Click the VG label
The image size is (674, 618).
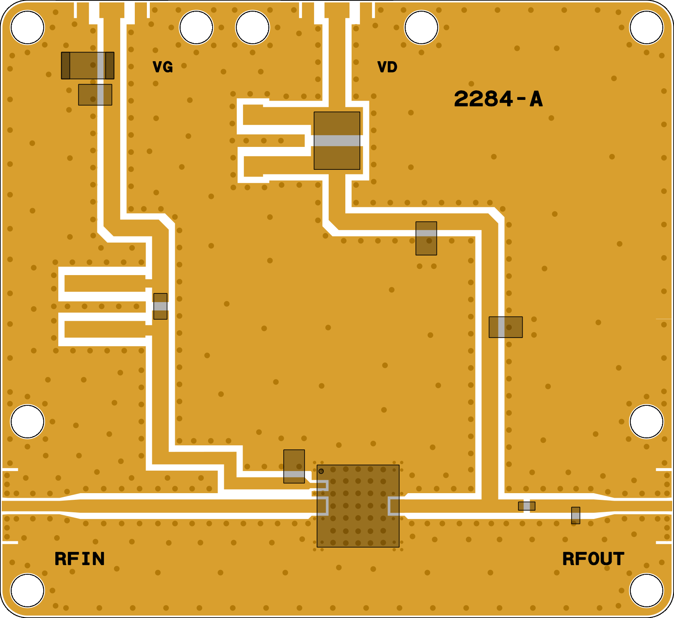pos(163,67)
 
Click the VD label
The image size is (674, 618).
pos(387,67)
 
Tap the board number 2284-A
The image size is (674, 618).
pos(498,99)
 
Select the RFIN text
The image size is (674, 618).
pos(79,559)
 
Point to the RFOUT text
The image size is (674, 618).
pos(593,559)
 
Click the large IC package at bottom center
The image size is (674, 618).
pos(358,506)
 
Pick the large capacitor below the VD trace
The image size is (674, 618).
pos(337,141)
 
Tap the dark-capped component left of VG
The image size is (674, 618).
pos(88,65)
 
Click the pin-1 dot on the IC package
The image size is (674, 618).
pos(321,471)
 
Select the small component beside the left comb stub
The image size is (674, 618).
pos(160,306)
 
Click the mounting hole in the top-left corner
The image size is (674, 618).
pos(27,27)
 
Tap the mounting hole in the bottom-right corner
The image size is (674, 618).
pos(646,590)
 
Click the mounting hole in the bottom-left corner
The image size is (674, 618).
pos(27,590)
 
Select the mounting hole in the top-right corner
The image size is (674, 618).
pos(646,27)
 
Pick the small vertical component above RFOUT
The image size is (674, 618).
pos(575,515)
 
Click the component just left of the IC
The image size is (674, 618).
pos(294,466)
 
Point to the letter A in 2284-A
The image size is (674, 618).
pos(536,99)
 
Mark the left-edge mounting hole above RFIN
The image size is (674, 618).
pos(27,421)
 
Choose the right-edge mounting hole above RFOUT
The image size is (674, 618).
pos(646,421)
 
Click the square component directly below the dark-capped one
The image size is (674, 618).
pos(95,94)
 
